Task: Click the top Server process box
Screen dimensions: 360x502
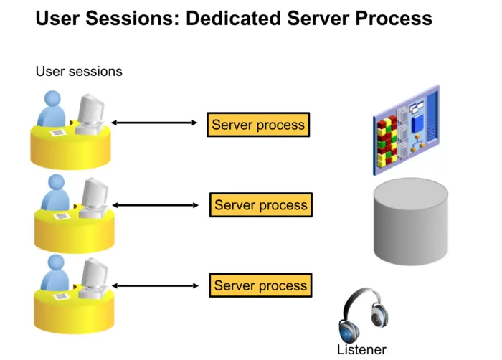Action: [257, 125]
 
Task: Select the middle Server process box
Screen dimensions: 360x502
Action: [260, 205]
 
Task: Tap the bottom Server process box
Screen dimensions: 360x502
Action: [260, 285]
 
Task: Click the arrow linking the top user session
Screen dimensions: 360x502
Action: [154, 123]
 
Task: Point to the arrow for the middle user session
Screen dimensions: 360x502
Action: [156, 204]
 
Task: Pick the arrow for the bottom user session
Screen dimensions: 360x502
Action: [156, 285]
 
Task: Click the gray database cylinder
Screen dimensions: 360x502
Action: [411, 222]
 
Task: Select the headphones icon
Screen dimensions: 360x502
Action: [362, 314]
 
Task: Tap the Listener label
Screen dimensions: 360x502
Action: [361, 350]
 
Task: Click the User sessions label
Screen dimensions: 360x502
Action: [79, 72]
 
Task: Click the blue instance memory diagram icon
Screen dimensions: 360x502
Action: [405, 130]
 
